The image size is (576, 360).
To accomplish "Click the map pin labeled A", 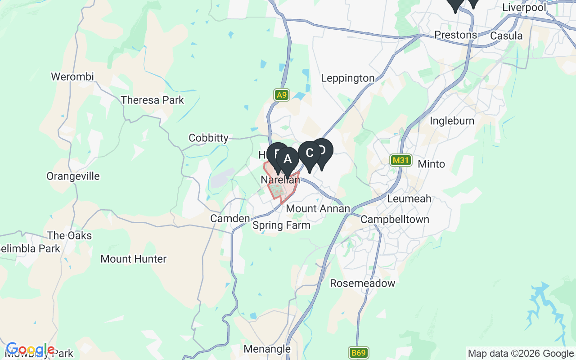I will tap(288, 159).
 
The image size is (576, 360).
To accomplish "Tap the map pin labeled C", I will tap(310, 153).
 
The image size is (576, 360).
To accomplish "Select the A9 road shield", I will tap(282, 95).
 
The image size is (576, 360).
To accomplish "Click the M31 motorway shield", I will tap(400, 160).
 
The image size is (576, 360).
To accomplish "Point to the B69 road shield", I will tap(358, 353).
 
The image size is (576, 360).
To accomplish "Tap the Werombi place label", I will tap(72, 76).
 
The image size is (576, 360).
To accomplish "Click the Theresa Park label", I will tap(152, 100).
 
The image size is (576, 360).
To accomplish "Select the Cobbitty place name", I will tap(208, 138).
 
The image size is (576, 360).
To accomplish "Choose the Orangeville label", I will tap(73, 176).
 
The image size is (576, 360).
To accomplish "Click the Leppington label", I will tap(347, 78).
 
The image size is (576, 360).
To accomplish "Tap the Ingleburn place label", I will tap(452, 121).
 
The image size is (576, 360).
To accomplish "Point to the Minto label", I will tap(431, 164).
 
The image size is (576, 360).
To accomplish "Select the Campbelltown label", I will tap(395, 220).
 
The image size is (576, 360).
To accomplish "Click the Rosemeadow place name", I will tap(362, 283).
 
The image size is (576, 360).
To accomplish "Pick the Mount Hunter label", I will tap(133, 259).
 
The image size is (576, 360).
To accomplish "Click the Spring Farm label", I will tap(281, 225).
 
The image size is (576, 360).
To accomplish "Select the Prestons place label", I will tap(455, 35).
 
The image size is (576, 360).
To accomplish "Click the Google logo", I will tap(30, 349).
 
